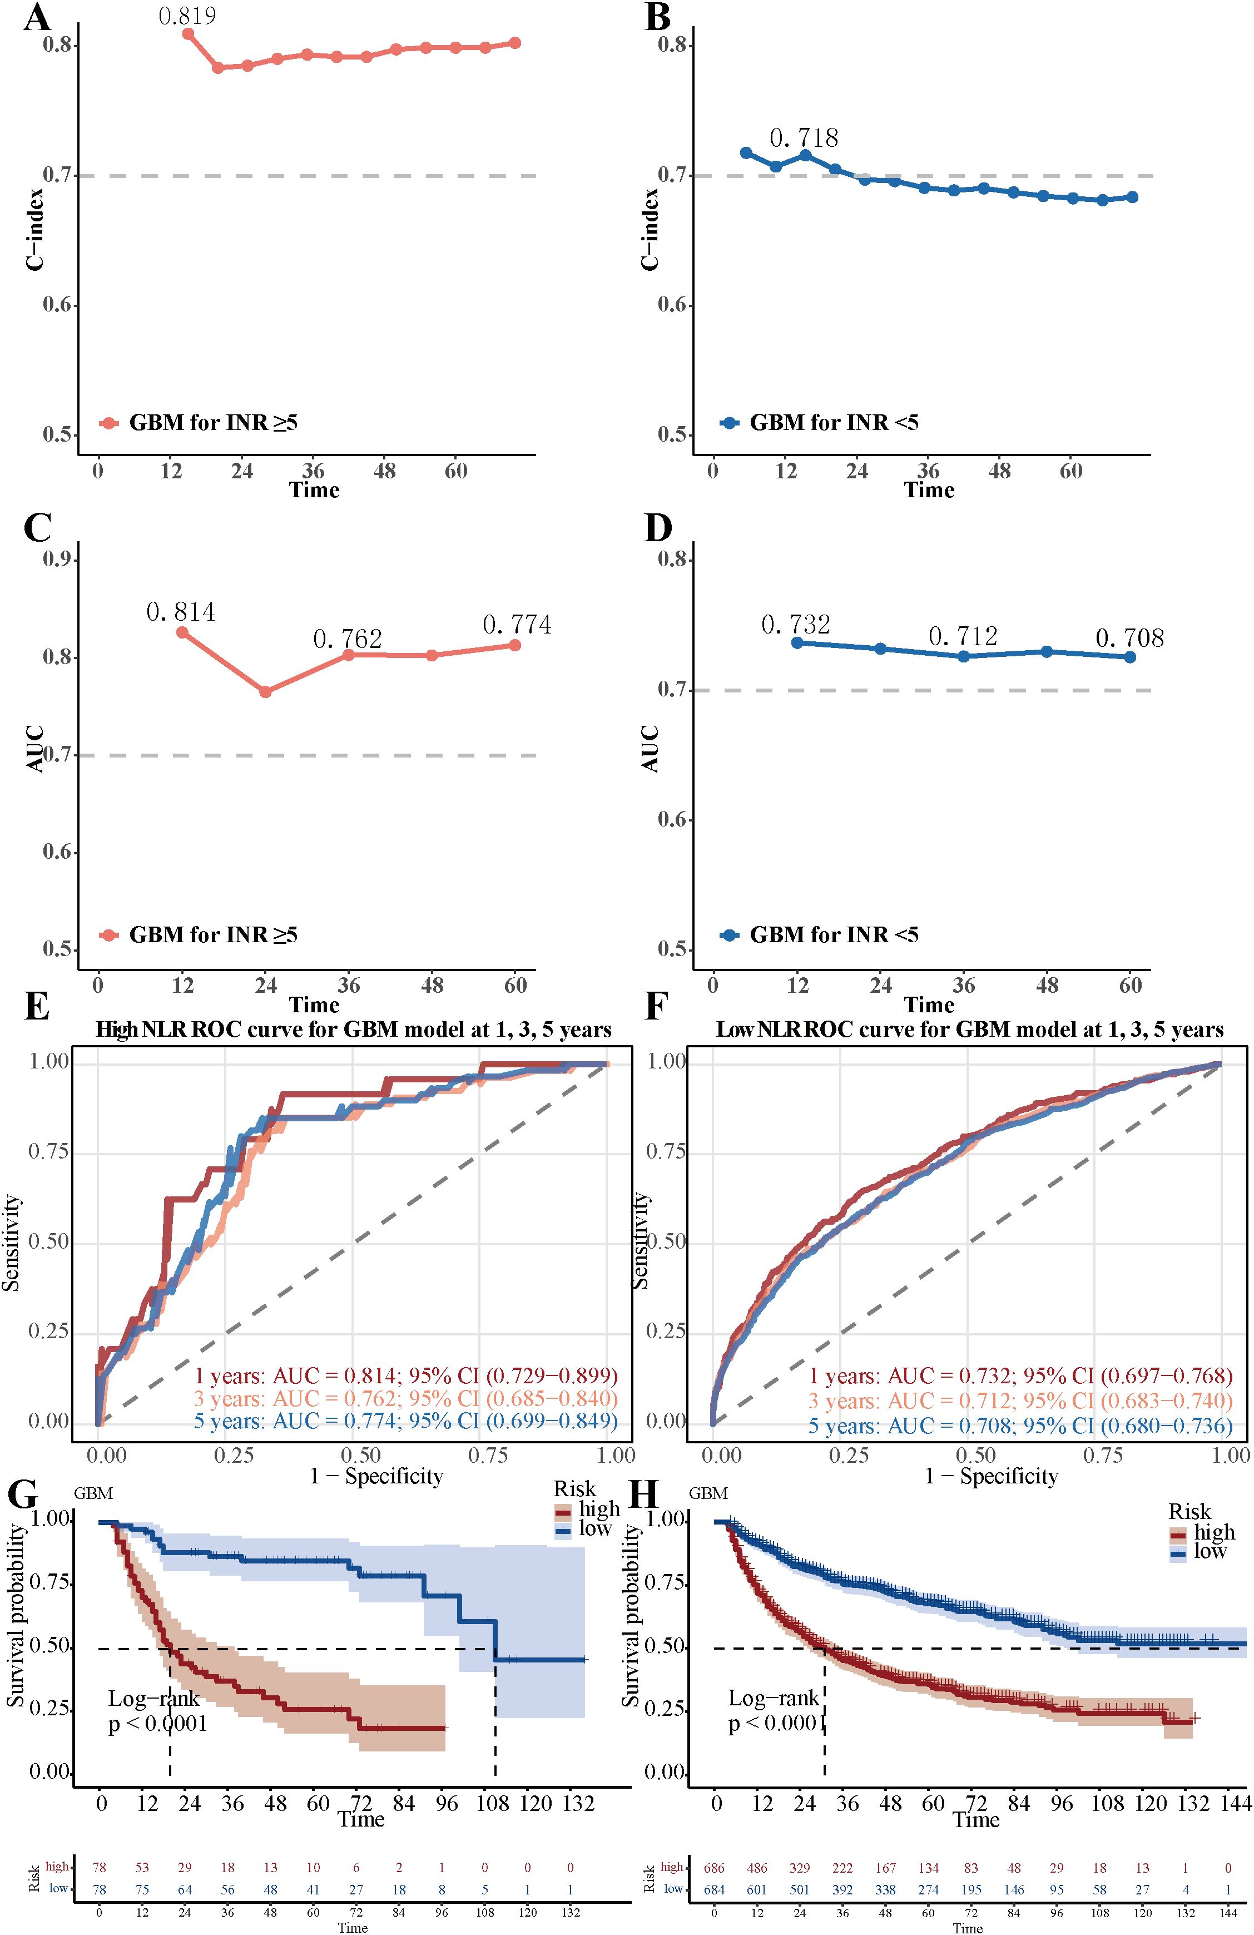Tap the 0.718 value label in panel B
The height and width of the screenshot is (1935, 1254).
point(804,138)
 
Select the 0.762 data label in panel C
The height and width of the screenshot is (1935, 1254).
point(348,639)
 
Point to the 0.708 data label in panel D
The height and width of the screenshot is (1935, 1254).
point(1129,637)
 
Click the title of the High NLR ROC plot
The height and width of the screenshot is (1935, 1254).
point(354,1030)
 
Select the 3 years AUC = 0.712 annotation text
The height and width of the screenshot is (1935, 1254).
point(1020,1401)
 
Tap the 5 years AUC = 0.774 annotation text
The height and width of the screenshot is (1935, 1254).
point(405,1422)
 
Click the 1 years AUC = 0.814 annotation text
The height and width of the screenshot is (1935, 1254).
point(405,1377)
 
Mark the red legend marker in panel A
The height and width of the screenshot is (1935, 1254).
point(109,423)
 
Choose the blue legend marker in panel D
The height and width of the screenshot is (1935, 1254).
point(729,935)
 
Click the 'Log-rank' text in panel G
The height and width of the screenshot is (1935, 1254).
point(153,1699)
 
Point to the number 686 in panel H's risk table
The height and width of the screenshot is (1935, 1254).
point(715,1868)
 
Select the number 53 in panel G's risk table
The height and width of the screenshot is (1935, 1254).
point(142,1868)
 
